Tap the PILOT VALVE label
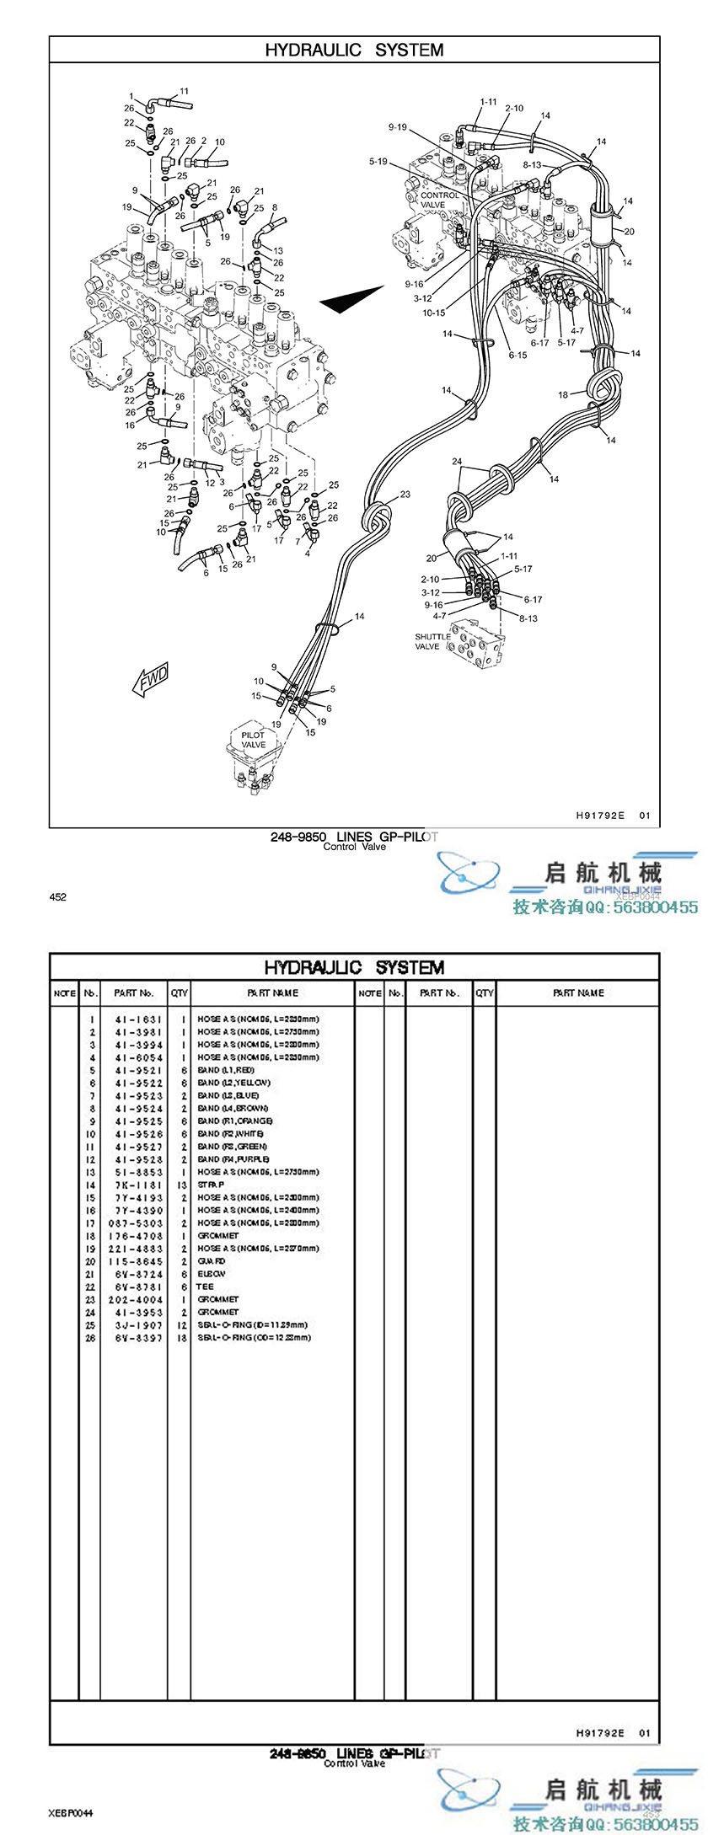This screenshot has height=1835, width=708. [x=253, y=740]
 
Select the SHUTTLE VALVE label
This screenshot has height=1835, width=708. [x=432, y=642]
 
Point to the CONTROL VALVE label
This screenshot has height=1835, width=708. [x=439, y=200]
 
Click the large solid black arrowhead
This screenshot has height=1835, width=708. [x=351, y=299]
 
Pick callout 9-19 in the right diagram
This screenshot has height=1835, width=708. [x=397, y=127]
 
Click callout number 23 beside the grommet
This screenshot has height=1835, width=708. [x=405, y=495]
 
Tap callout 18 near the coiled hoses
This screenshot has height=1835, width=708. [x=563, y=395]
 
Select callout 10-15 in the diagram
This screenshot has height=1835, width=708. [x=434, y=313]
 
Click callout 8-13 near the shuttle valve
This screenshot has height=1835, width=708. [x=528, y=618]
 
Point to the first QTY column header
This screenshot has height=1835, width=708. [x=180, y=993]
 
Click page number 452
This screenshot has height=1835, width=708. [x=58, y=897]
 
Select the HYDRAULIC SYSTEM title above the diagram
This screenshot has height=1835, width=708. [x=354, y=50]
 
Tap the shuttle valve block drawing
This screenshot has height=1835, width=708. [x=477, y=643]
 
